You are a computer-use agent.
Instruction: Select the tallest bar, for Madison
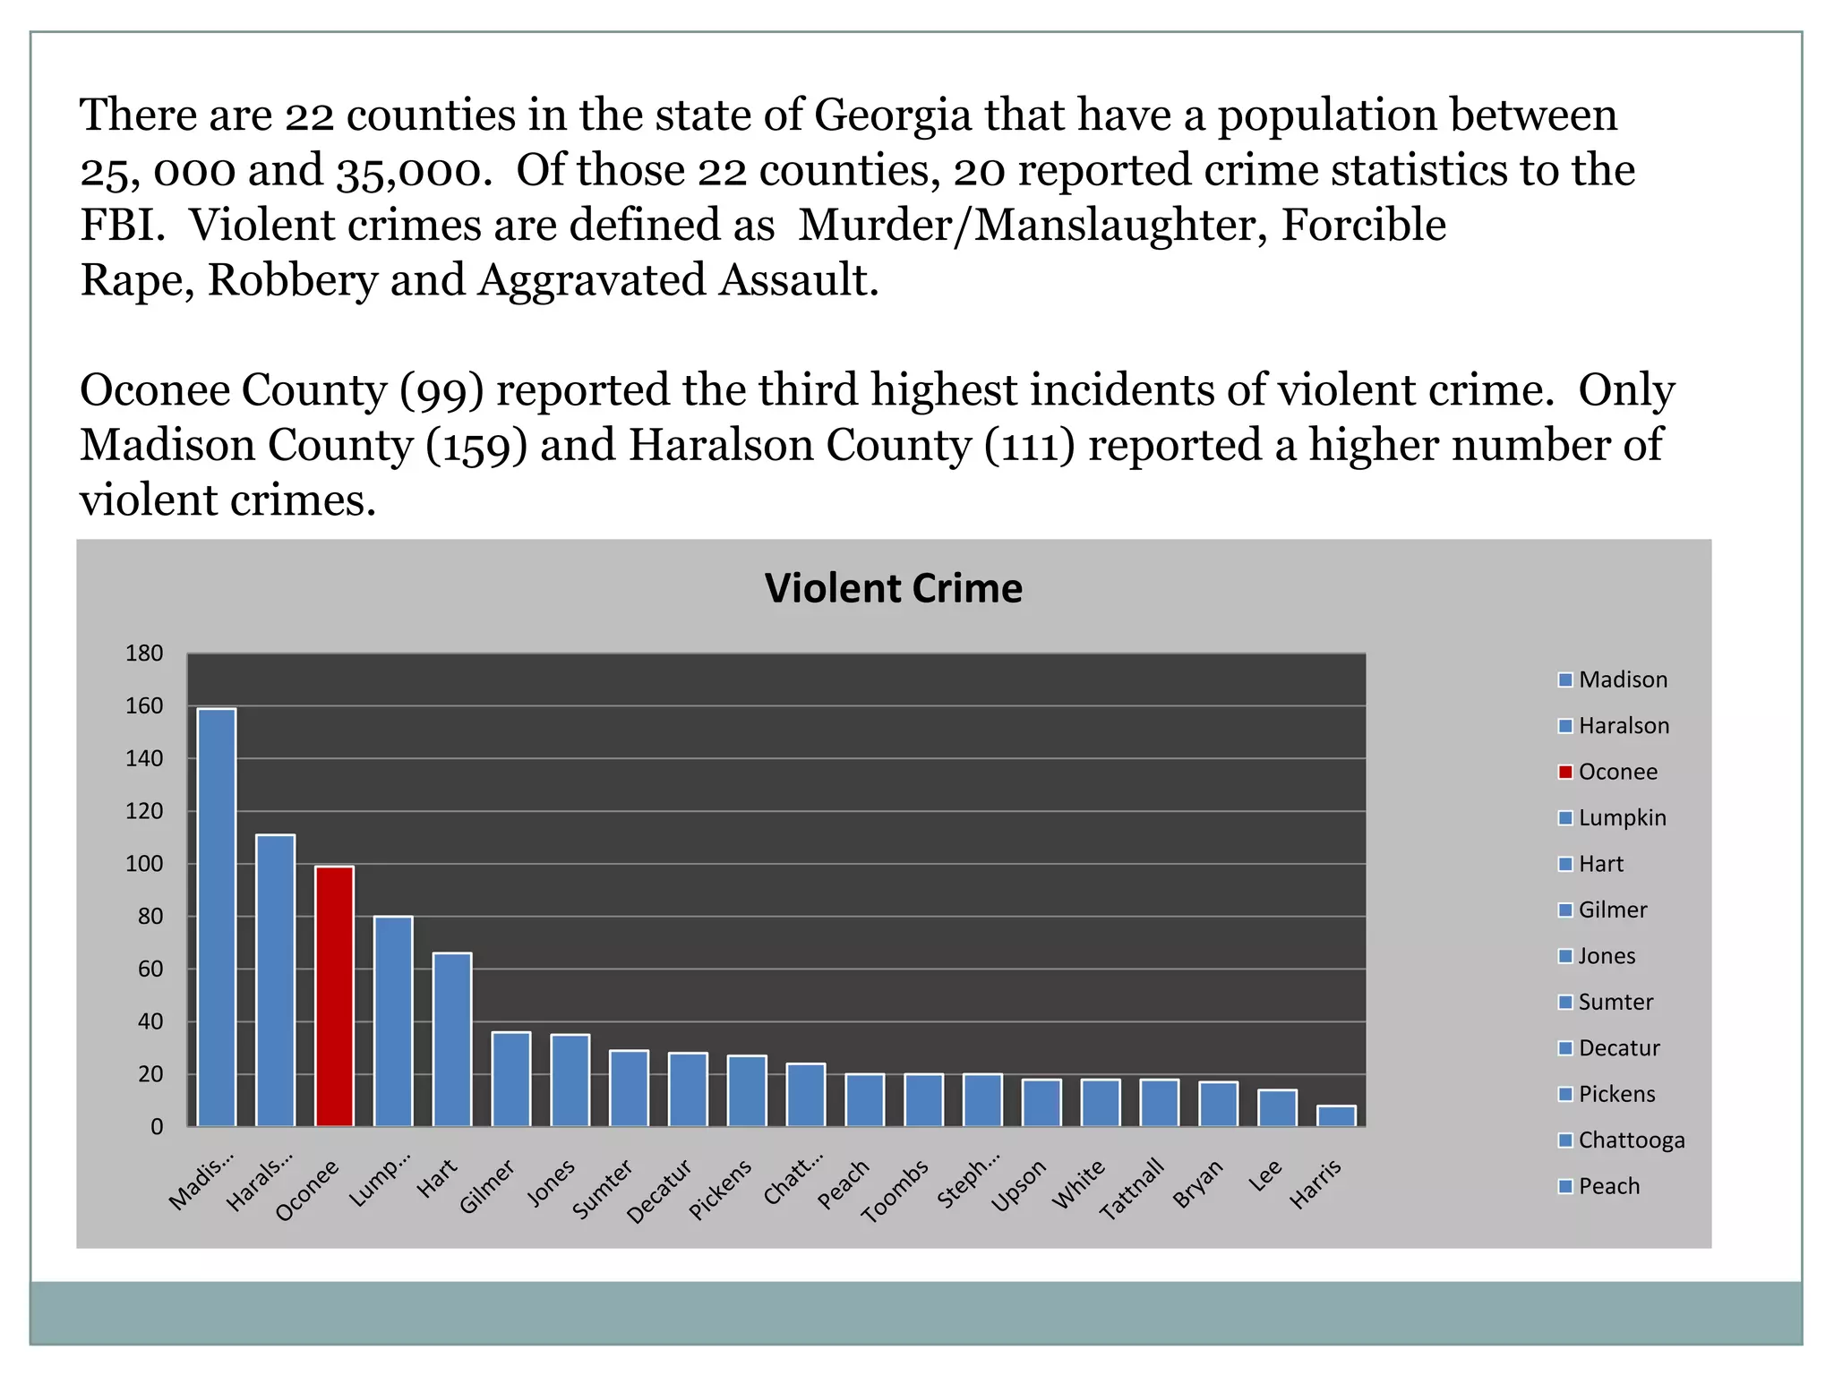[217, 917]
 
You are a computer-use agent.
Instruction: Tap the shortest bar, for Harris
[1336, 1115]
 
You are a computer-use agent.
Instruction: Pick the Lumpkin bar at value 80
[393, 1021]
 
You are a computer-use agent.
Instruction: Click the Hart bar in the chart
[452, 1038]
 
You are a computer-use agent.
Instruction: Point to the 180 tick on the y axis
[144, 653]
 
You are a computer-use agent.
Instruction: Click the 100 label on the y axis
[144, 864]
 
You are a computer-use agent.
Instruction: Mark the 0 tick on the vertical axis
[157, 1127]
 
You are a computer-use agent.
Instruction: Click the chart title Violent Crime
[893, 588]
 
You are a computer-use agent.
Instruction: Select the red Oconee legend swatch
[1565, 772]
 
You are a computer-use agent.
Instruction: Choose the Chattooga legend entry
[1631, 1140]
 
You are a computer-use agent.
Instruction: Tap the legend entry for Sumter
[1615, 1002]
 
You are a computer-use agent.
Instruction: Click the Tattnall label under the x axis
[1133, 1189]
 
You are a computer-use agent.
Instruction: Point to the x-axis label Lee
[1265, 1175]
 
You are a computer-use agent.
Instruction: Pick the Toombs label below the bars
[895, 1191]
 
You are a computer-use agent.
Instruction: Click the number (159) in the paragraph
[476, 445]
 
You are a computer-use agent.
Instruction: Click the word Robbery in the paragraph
[293, 280]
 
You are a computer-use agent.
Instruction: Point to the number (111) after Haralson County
[1029, 445]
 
